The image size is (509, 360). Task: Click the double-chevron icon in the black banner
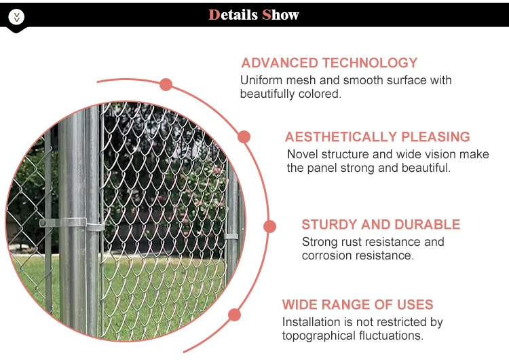point(16,16)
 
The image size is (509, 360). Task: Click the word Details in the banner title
point(233,15)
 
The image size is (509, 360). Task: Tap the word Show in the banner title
point(280,15)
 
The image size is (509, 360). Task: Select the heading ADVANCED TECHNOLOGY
point(329,62)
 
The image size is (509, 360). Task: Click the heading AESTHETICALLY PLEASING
point(377,137)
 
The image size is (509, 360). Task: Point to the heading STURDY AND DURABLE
point(381,225)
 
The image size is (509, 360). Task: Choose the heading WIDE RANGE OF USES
point(358,304)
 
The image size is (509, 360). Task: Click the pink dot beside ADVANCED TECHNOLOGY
point(166,84)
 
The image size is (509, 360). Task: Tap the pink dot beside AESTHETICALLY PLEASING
point(244,137)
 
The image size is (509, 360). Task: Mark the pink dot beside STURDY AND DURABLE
point(269,226)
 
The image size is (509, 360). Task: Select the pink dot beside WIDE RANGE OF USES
point(234,315)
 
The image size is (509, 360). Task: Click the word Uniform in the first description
point(261,80)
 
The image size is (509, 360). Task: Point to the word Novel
point(302,154)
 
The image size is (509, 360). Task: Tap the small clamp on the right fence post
point(231,236)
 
